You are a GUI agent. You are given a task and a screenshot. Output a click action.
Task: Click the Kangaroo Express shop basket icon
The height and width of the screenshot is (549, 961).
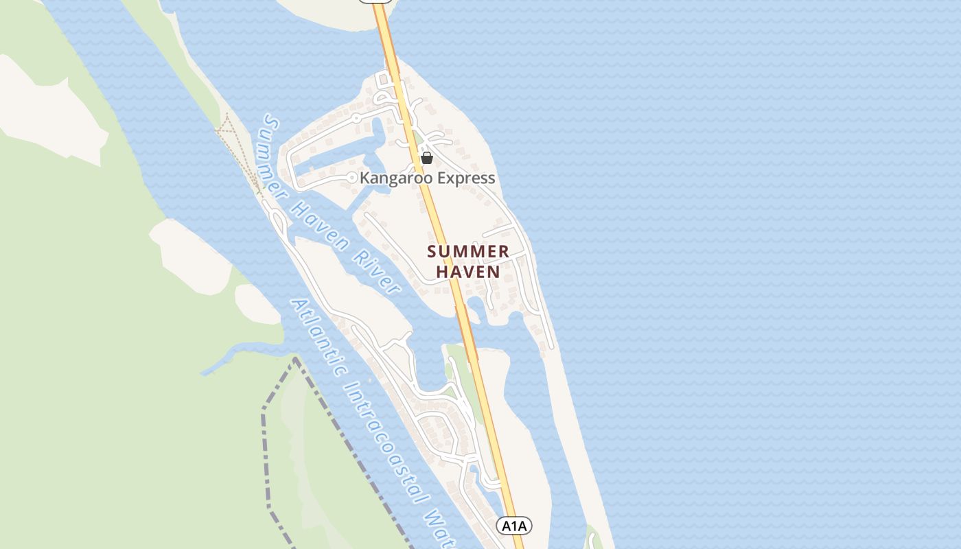pyautogui.click(x=427, y=159)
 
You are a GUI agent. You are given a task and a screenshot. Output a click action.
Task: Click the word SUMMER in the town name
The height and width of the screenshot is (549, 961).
pyautogui.click(x=468, y=252)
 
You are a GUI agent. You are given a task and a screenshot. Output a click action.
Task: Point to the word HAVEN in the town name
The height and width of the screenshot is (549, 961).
pyautogui.click(x=468, y=272)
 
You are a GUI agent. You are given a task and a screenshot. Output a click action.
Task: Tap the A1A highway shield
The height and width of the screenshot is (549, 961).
pyautogui.click(x=513, y=526)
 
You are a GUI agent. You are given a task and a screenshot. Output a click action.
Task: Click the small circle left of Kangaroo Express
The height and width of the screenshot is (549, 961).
pyautogui.click(x=352, y=178)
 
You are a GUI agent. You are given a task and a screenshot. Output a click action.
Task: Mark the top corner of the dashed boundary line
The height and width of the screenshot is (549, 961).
pyautogui.click(x=295, y=358)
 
